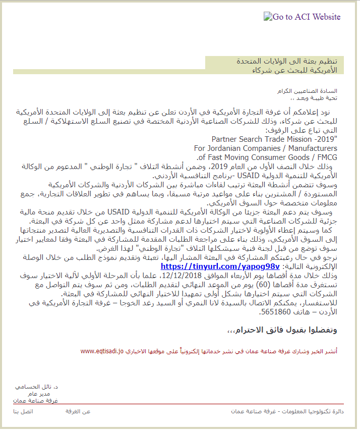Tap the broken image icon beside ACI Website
268,16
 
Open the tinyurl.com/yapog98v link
220,266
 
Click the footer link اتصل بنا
23,412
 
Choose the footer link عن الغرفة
78,412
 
